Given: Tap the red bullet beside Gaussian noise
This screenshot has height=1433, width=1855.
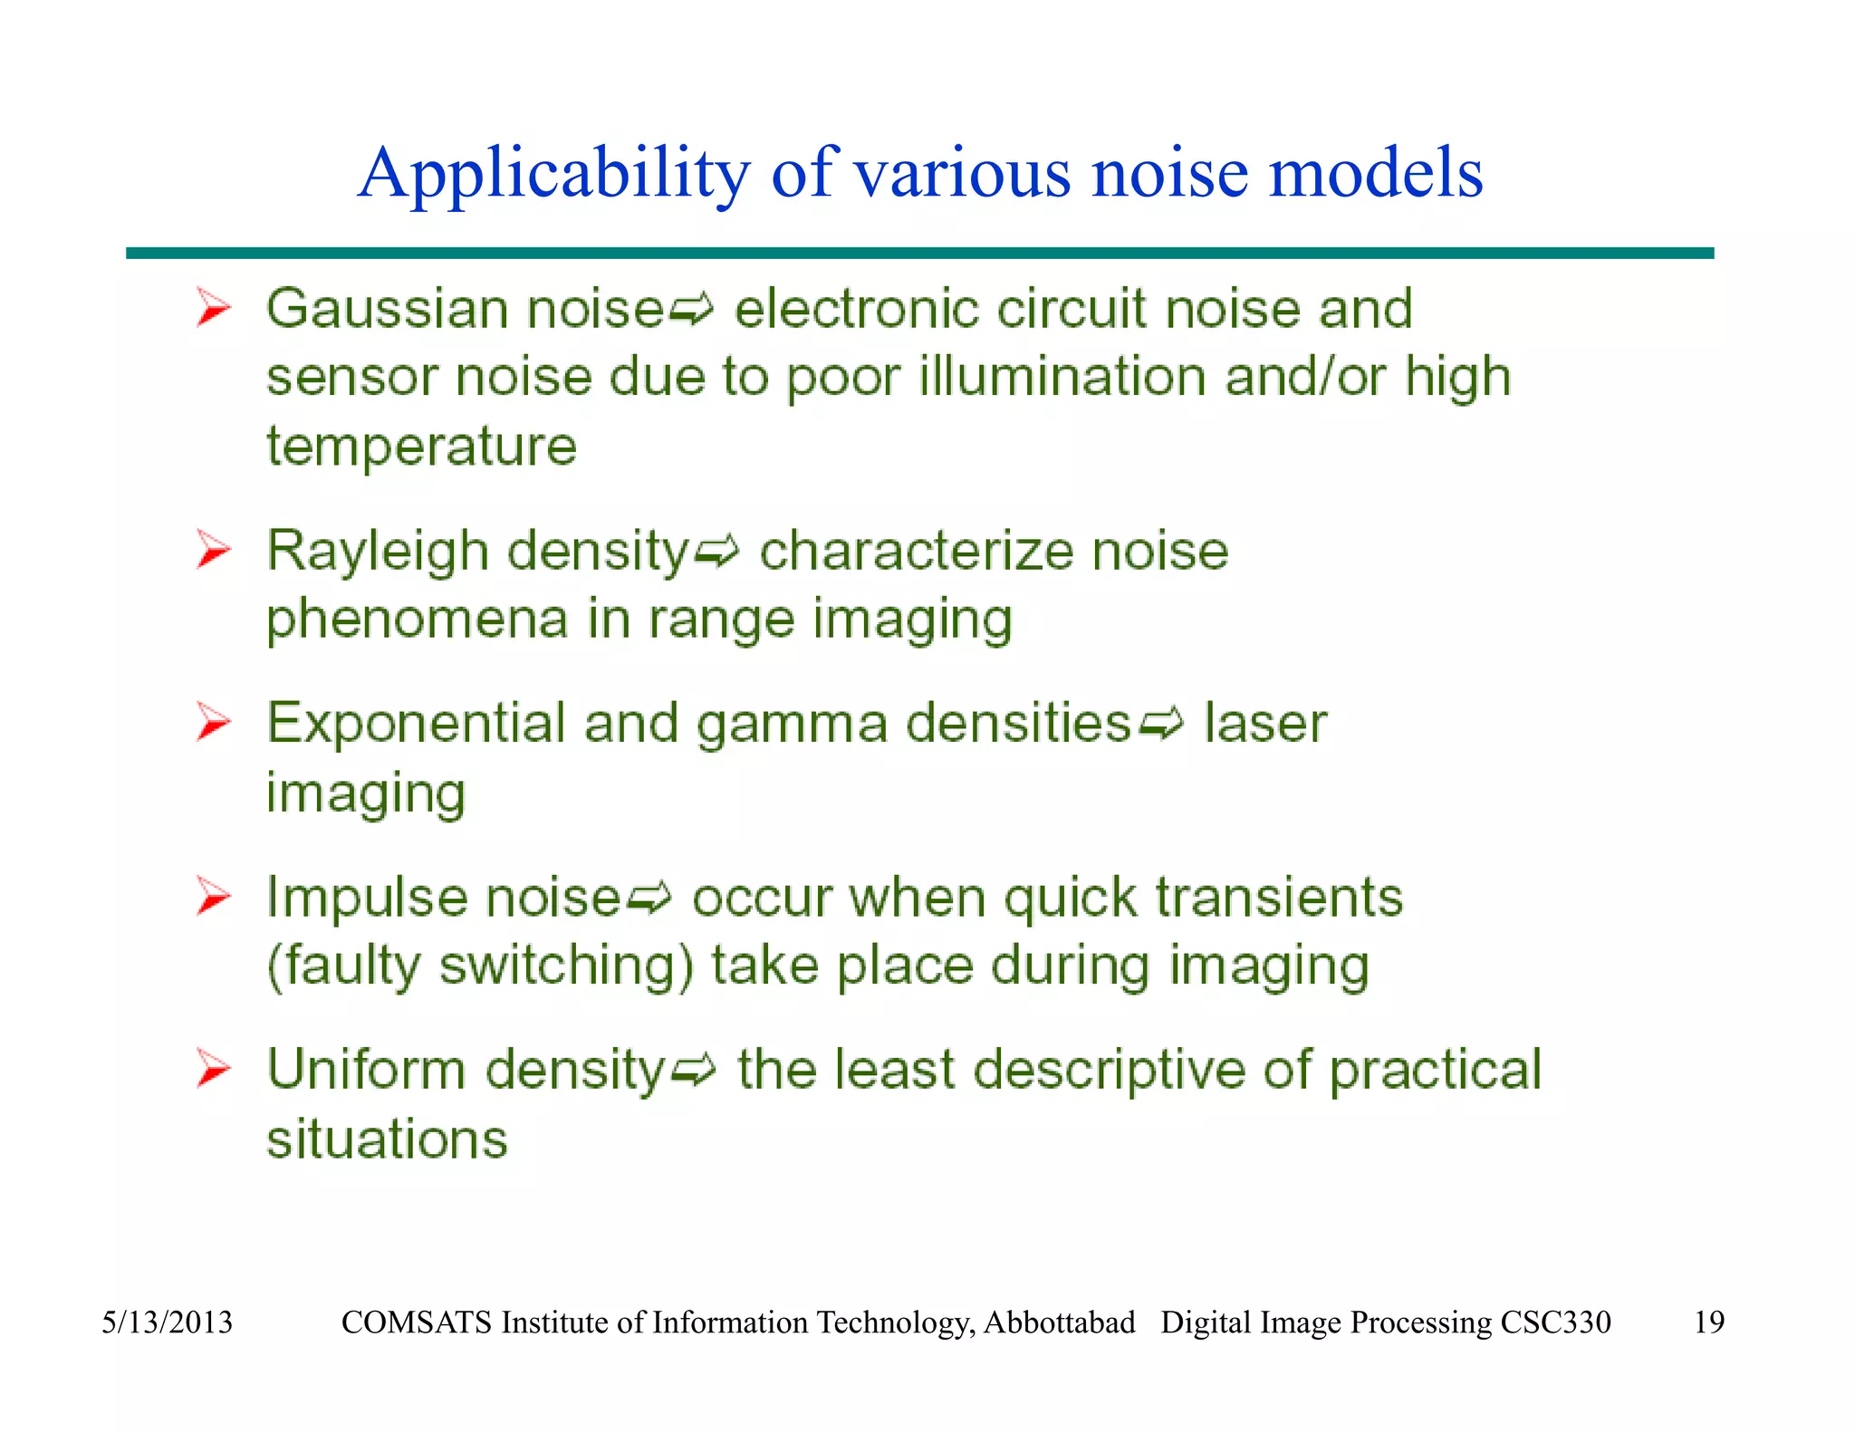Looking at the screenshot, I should (x=214, y=308).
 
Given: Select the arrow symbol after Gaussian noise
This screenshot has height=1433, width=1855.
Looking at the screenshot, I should (x=691, y=312).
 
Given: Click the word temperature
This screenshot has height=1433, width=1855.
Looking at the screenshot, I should (x=421, y=447).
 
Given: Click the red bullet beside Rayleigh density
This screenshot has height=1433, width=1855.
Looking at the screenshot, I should (x=214, y=550).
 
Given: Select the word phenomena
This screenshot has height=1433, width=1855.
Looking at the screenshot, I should (x=417, y=620).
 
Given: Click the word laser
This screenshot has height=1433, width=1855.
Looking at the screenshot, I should (x=1264, y=724).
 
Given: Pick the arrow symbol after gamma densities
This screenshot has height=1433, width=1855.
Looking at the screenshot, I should (x=1160, y=726).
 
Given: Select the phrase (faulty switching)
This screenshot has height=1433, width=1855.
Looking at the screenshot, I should (x=480, y=966).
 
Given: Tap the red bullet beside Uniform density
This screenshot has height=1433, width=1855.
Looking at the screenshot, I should (x=214, y=1069).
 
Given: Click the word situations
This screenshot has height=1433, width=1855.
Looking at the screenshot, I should (x=387, y=1139).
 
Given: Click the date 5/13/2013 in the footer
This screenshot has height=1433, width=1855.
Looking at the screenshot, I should (x=167, y=1322).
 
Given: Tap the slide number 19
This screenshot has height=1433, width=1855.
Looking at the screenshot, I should (x=1708, y=1322).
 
